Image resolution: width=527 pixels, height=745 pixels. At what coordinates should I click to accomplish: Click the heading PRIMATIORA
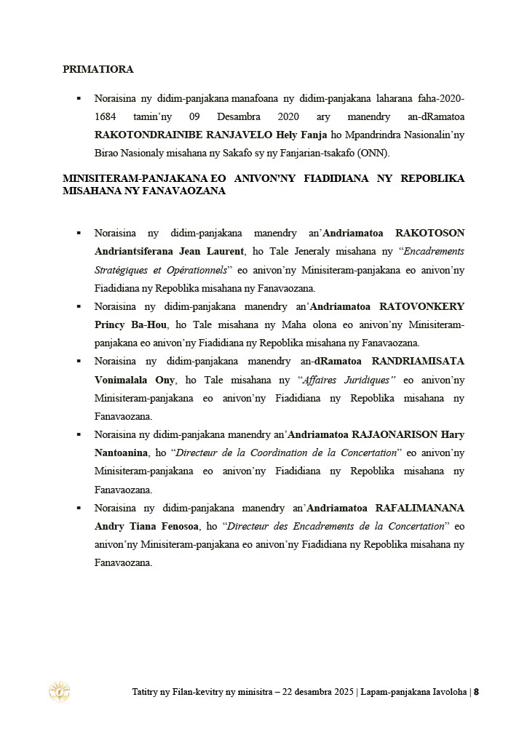98,70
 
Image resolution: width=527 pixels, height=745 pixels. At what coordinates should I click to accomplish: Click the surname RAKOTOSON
429,234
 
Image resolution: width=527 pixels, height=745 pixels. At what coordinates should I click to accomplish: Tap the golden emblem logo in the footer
59,692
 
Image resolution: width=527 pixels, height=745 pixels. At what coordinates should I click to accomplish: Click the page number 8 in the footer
476,692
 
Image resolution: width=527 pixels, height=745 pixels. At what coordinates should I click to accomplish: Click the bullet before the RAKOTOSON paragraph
79,234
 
